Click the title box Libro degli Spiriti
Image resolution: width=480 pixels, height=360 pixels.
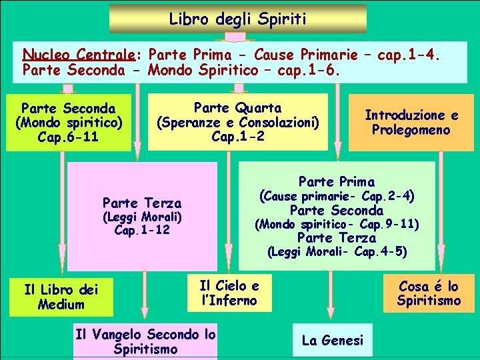[237, 19]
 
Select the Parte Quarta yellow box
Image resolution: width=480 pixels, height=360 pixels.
[237, 122]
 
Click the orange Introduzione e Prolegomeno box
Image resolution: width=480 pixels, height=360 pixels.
[411, 122]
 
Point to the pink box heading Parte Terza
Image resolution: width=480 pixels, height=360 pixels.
[142, 203]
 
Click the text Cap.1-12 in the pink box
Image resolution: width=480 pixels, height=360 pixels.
[142, 231]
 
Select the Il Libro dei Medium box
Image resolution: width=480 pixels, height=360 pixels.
[61, 297]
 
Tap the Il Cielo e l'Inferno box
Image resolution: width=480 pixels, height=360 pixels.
[229, 293]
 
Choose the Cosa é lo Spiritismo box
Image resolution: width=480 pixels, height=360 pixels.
[429, 293]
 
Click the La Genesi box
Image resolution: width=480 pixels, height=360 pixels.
[333, 341]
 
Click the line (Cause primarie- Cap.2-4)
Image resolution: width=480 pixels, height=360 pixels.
[337, 197]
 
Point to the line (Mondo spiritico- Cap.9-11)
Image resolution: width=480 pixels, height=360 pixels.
[337, 225]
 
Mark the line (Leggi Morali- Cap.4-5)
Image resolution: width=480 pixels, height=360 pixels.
[337, 252]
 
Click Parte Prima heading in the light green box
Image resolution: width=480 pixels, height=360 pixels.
[337, 181]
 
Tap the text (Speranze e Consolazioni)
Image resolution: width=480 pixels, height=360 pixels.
[237, 122]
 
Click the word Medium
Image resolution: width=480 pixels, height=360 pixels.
[61, 305]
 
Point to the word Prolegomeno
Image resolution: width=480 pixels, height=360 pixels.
[411, 129]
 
